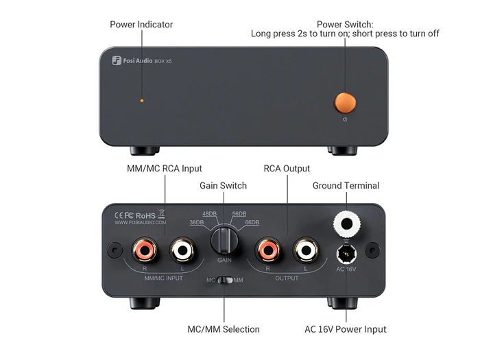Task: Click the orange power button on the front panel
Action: coord(345,103)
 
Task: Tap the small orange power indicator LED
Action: coord(142,100)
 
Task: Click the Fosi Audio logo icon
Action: coord(117,60)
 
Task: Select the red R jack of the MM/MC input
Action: coord(145,251)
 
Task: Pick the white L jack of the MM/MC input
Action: coord(183,251)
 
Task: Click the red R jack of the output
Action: coord(268,250)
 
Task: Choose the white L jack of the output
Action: coord(306,250)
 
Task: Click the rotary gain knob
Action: coord(224,240)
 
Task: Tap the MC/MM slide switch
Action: coord(225,280)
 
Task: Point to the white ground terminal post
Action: coord(346,224)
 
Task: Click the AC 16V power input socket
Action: coord(346,254)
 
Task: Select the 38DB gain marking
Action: coord(197,222)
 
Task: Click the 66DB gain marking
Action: coord(252,222)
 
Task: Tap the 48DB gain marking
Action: coord(209,214)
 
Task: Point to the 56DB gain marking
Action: coord(239,214)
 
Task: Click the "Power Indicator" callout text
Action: coord(141,25)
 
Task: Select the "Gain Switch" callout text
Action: coord(223,186)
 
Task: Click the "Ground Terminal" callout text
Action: coord(346,186)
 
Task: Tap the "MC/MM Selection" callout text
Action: coord(224,329)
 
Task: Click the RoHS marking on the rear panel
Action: coord(145,216)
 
